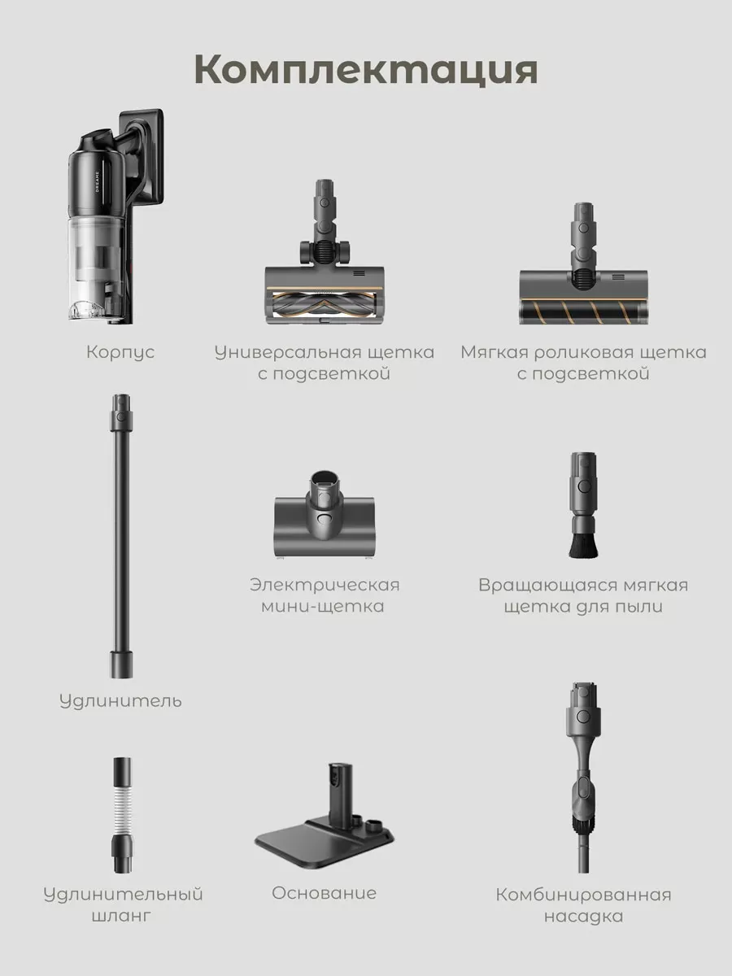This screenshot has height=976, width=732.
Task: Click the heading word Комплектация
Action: [x=366, y=70]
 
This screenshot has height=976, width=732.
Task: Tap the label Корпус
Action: [x=120, y=352]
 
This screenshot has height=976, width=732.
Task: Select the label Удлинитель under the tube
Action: [x=120, y=700]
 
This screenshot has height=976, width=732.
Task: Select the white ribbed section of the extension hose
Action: [x=121, y=813]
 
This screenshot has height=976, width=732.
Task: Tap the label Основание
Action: [x=324, y=893]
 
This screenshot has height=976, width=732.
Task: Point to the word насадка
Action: [x=583, y=917]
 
